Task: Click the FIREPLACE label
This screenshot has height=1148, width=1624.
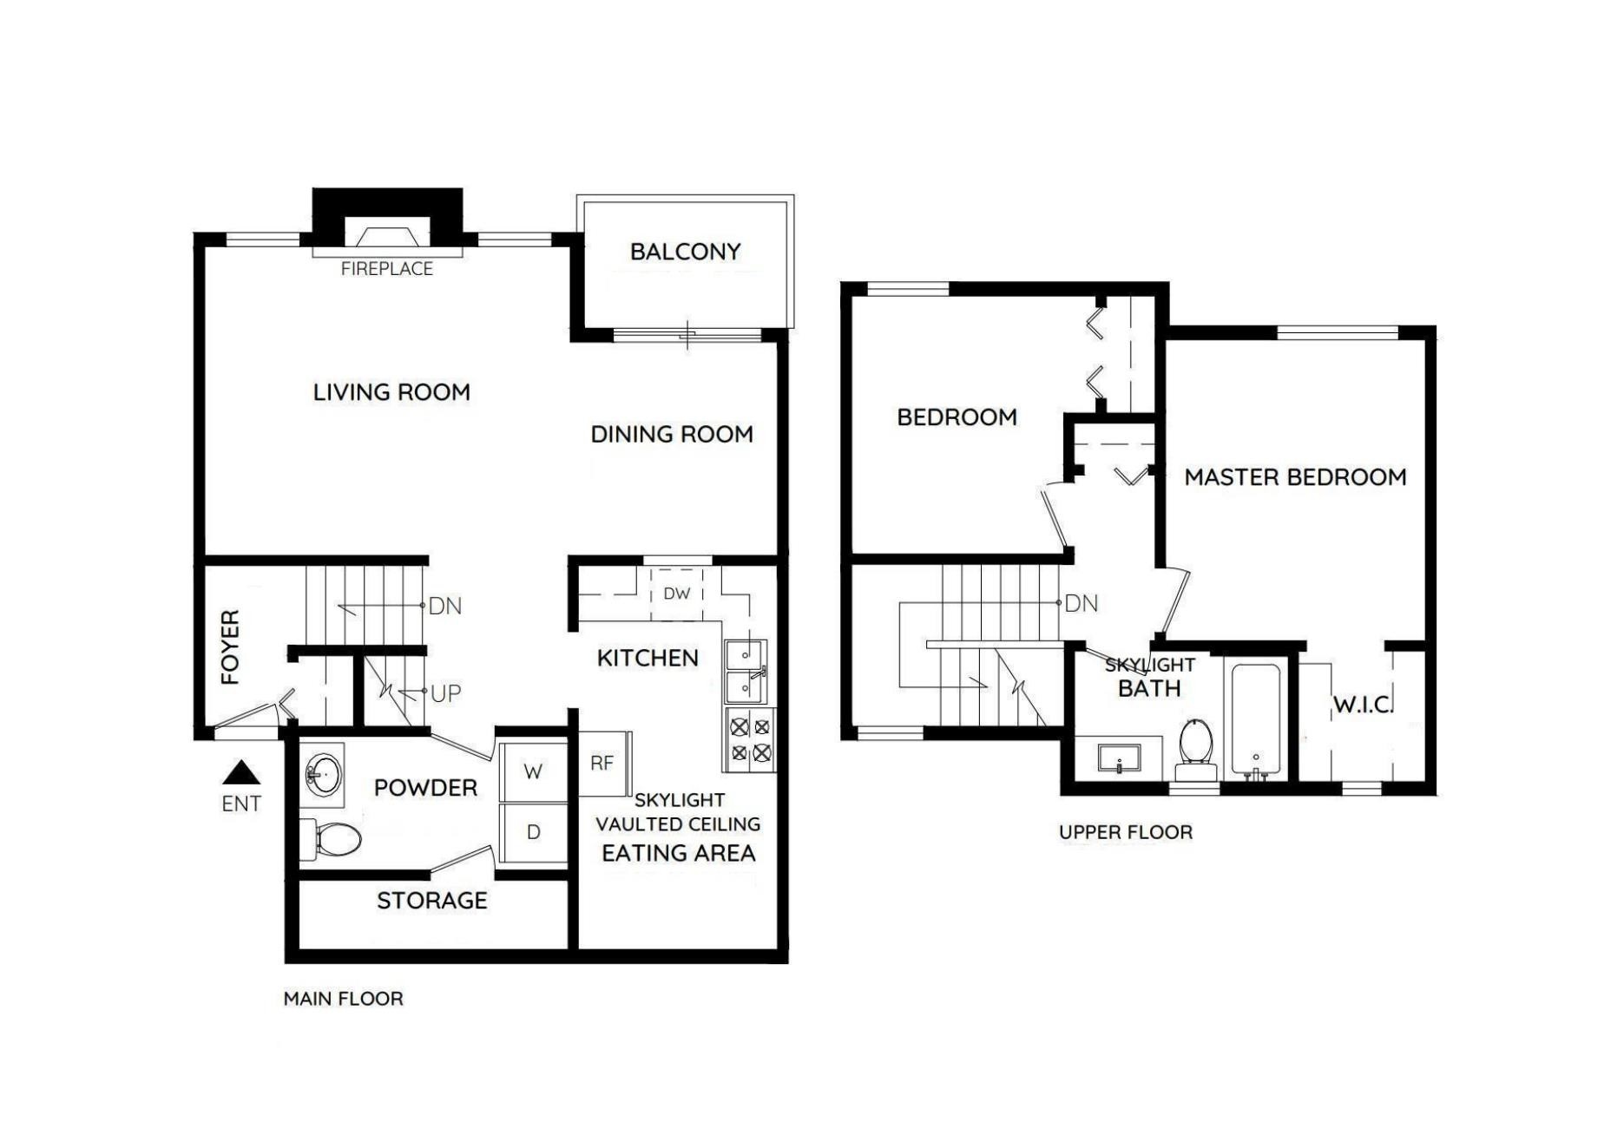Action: click(x=386, y=269)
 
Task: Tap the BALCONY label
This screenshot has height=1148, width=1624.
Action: click(x=685, y=252)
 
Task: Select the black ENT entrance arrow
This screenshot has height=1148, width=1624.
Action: click(x=241, y=772)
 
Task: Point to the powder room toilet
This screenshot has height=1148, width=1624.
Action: click(x=332, y=838)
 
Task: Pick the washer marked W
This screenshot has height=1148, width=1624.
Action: click(x=533, y=771)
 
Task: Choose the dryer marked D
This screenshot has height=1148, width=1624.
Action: click(x=533, y=832)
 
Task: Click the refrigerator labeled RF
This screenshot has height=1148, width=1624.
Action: click(x=605, y=764)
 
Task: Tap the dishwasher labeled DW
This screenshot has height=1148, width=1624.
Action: click(x=676, y=594)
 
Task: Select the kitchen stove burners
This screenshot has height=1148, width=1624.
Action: click(x=750, y=739)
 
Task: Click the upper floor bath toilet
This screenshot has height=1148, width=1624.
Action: click(x=1196, y=750)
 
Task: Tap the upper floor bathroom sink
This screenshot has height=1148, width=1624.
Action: click(x=1120, y=758)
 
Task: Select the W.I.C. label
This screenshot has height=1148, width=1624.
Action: click(x=1363, y=705)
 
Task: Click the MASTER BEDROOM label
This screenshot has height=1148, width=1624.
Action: click(x=1295, y=477)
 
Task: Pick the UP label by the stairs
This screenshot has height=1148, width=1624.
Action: click(x=445, y=694)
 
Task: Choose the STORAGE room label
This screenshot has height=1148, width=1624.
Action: click(x=431, y=901)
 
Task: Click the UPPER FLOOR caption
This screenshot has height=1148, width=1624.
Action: click(x=1126, y=832)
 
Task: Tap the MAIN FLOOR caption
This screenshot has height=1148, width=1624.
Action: click(x=343, y=999)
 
